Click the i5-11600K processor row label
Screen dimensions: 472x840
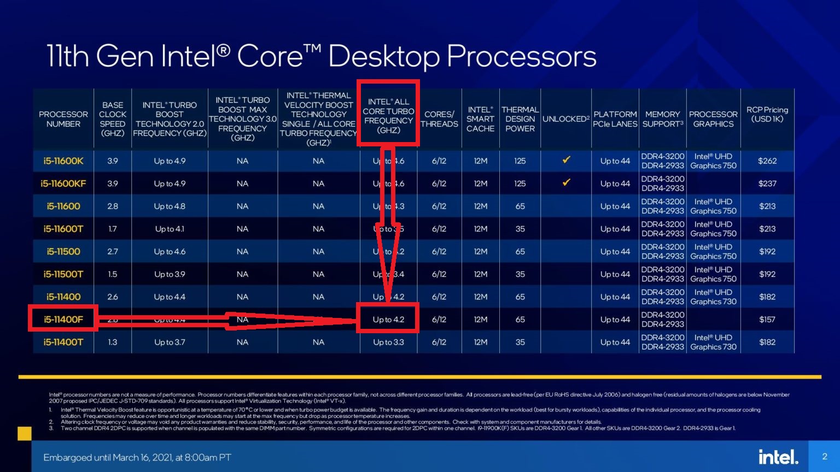click(63, 161)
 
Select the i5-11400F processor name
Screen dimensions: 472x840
click(63, 320)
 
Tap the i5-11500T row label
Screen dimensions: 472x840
click(63, 274)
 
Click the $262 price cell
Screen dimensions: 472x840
click(767, 161)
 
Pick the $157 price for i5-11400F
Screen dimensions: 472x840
click(767, 320)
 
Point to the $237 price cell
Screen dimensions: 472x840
click(767, 184)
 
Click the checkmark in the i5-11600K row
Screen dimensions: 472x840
click(566, 160)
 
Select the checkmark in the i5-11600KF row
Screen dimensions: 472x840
click(566, 182)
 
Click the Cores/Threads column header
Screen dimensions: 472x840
click(439, 119)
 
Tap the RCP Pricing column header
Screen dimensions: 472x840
click(767, 114)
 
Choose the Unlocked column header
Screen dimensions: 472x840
click(565, 119)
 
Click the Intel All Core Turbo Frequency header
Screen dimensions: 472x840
click(388, 116)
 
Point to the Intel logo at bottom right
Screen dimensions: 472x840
click(778, 457)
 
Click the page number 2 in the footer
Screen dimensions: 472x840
click(825, 457)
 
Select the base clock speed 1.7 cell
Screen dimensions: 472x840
click(112, 229)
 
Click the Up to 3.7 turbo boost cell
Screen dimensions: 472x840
click(170, 343)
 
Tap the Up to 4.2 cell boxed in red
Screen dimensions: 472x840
click(388, 320)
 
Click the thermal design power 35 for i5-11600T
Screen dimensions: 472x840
click(520, 229)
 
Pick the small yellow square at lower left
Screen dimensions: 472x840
click(25, 434)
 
